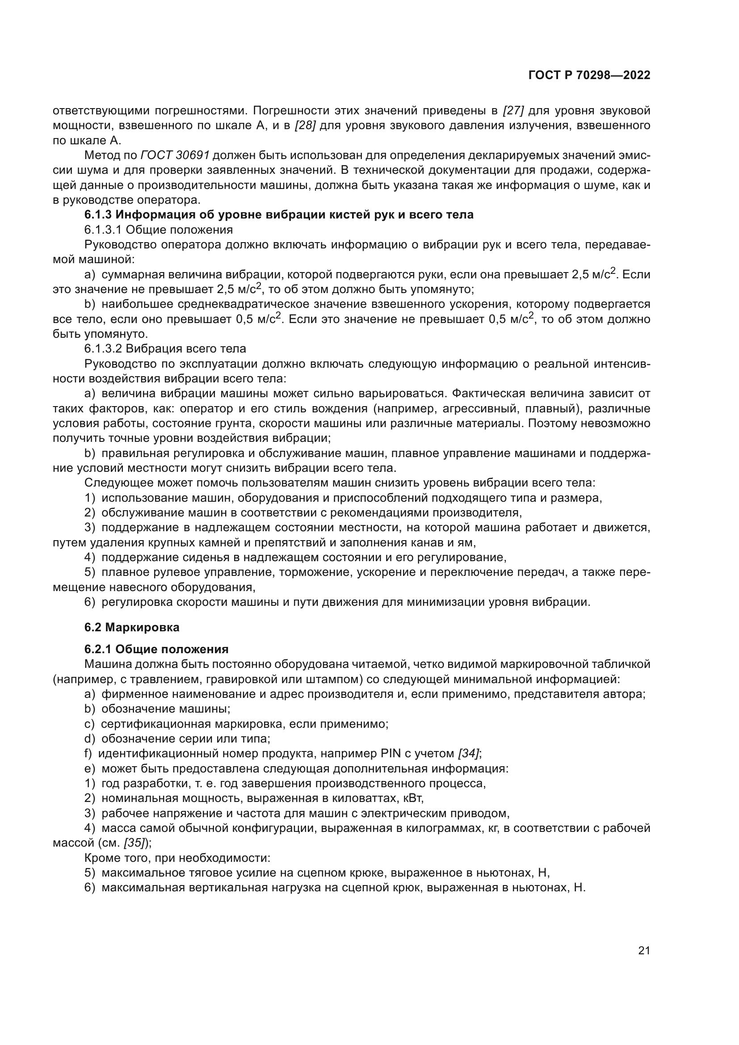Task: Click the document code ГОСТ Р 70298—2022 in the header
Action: click(589, 76)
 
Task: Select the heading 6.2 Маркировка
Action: click(131, 627)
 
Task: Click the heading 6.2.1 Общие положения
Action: click(156, 649)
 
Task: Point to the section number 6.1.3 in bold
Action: click(97, 214)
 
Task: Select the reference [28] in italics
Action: click(305, 126)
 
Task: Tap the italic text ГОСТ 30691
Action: click(175, 155)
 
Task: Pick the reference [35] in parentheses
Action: click(134, 843)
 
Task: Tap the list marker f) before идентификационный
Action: click(88, 753)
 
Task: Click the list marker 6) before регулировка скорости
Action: click(90, 602)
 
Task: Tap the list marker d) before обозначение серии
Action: click(90, 738)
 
